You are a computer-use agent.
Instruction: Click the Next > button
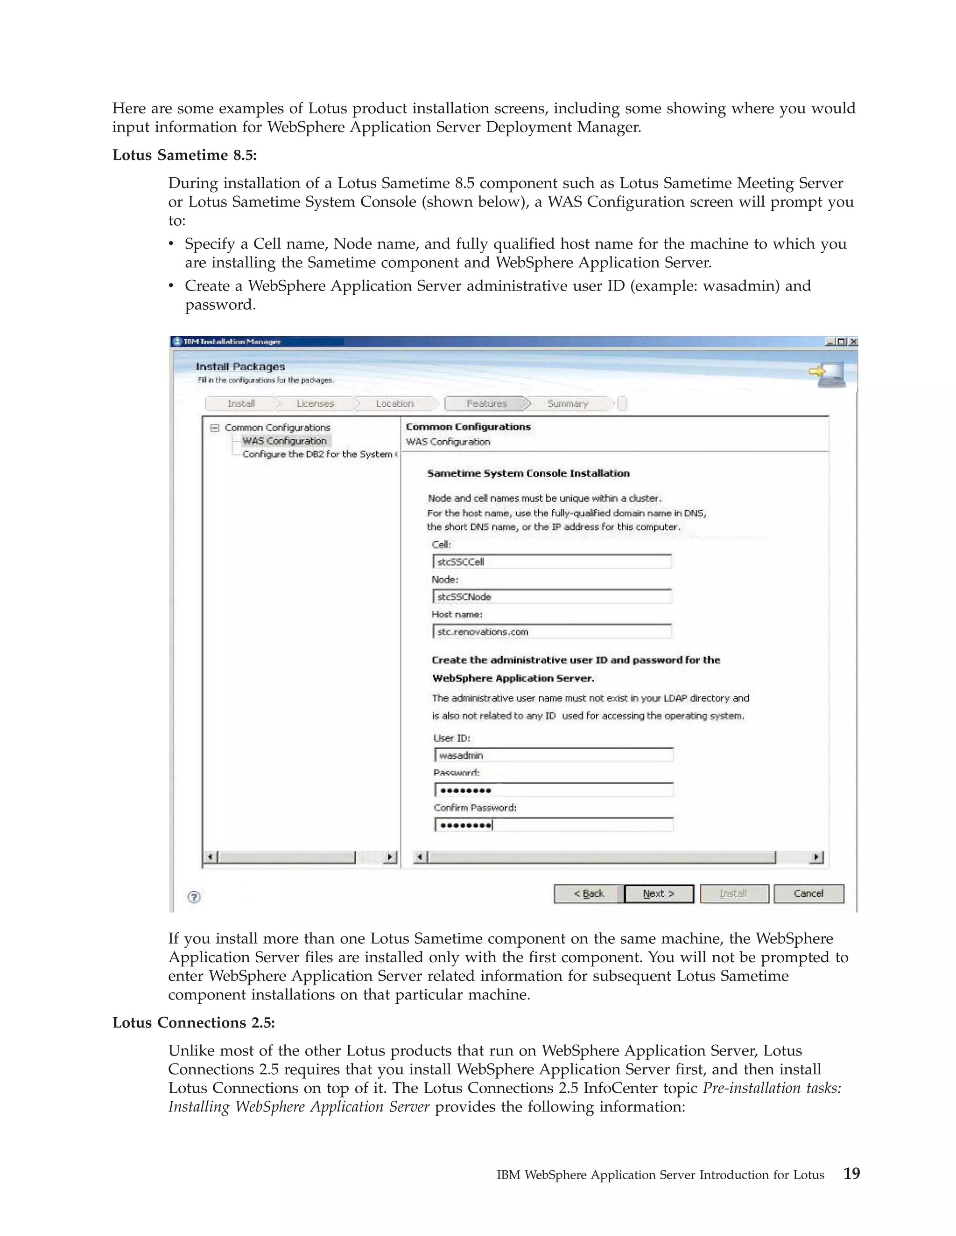coord(659,894)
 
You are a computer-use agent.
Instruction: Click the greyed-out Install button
coord(733,894)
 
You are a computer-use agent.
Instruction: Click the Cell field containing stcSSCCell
coord(552,562)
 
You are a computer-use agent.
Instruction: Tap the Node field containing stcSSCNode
coord(552,597)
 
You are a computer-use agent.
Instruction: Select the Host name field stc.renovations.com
coord(552,632)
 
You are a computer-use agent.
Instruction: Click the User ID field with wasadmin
coord(554,756)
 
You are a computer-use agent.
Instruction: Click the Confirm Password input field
coord(554,825)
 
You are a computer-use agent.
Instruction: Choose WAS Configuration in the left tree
coord(284,441)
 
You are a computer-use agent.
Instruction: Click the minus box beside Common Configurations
coord(215,428)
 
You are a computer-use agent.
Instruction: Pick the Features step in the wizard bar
coord(486,403)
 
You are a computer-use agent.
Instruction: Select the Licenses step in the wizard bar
coord(315,403)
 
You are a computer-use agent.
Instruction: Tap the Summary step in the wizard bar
coord(568,403)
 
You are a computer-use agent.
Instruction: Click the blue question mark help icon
coord(194,897)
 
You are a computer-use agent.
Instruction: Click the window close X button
coord(853,342)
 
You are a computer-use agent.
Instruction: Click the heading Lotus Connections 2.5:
coord(193,1023)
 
